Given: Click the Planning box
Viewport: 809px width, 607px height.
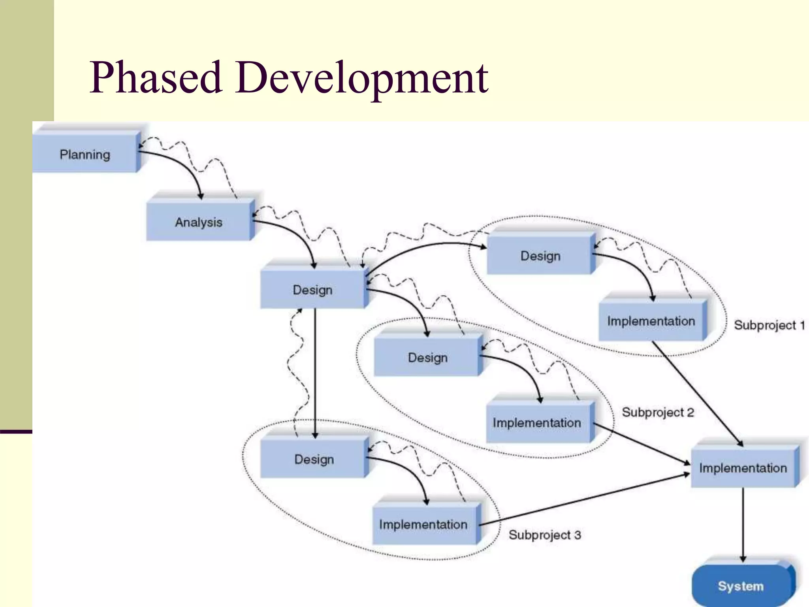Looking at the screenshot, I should pyautogui.click(x=85, y=154).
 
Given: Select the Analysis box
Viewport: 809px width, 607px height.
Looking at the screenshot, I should pyautogui.click(x=199, y=222).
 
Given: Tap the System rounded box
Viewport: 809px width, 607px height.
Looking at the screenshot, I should pyautogui.click(x=741, y=586).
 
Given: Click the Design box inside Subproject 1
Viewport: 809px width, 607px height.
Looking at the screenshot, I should pyautogui.click(x=540, y=256).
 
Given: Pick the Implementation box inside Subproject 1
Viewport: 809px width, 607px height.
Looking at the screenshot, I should pyautogui.click(x=651, y=321).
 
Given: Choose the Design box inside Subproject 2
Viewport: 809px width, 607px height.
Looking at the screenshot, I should pyautogui.click(x=427, y=358).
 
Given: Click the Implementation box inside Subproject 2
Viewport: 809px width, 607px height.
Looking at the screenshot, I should pyautogui.click(x=537, y=422).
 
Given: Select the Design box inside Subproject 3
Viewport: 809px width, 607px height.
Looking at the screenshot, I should pyautogui.click(x=314, y=459).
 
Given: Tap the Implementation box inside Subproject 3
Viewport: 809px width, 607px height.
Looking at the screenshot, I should pyautogui.click(x=423, y=524).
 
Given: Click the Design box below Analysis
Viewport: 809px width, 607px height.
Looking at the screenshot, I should pyautogui.click(x=312, y=290).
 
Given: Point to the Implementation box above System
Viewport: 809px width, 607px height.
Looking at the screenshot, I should pyautogui.click(x=743, y=468).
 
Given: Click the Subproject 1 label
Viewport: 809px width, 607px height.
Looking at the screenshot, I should pyautogui.click(x=769, y=325).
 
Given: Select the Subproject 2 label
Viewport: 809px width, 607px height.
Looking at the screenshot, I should pyautogui.click(x=658, y=412).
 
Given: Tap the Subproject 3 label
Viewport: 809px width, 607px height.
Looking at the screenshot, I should pyautogui.click(x=544, y=535).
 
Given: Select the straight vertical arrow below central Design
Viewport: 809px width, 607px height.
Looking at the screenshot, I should pyautogui.click(x=315, y=371).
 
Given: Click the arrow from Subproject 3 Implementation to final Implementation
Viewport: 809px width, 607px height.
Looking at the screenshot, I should pyautogui.click(x=585, y=499).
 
